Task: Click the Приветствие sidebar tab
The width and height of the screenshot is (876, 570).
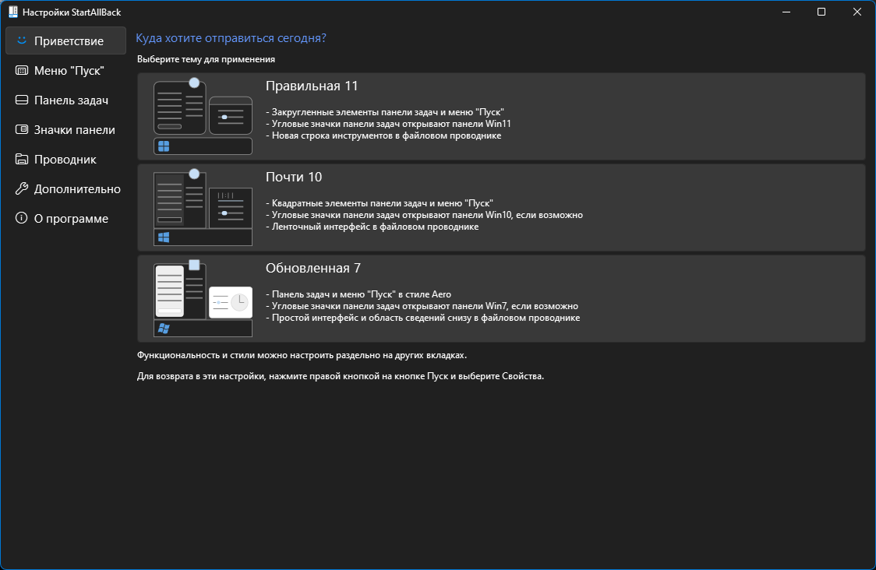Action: pos(66,40)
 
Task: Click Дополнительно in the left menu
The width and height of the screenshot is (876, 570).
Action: pos(66,188)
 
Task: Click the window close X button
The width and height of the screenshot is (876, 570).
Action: pos(857,12)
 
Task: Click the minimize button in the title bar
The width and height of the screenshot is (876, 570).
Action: pos(786,12)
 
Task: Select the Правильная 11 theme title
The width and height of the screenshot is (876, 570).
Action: pos(312,86)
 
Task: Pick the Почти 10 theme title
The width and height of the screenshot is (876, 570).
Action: pos(294,177)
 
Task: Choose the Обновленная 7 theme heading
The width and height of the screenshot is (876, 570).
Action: pos(313,268)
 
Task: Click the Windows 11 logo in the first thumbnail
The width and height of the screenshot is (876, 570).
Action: pos(164,146)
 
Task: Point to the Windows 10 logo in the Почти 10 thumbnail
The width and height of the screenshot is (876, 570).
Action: pos(164,237)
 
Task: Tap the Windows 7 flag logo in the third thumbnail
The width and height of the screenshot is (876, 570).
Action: pos(164,329)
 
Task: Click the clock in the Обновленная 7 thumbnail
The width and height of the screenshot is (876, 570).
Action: pos(240,302)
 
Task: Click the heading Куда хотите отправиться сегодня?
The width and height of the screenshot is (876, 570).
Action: pos(231,38)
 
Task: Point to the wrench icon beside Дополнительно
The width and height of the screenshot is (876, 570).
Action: pos(21,188)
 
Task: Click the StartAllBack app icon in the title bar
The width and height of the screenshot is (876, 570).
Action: pos(12,12)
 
